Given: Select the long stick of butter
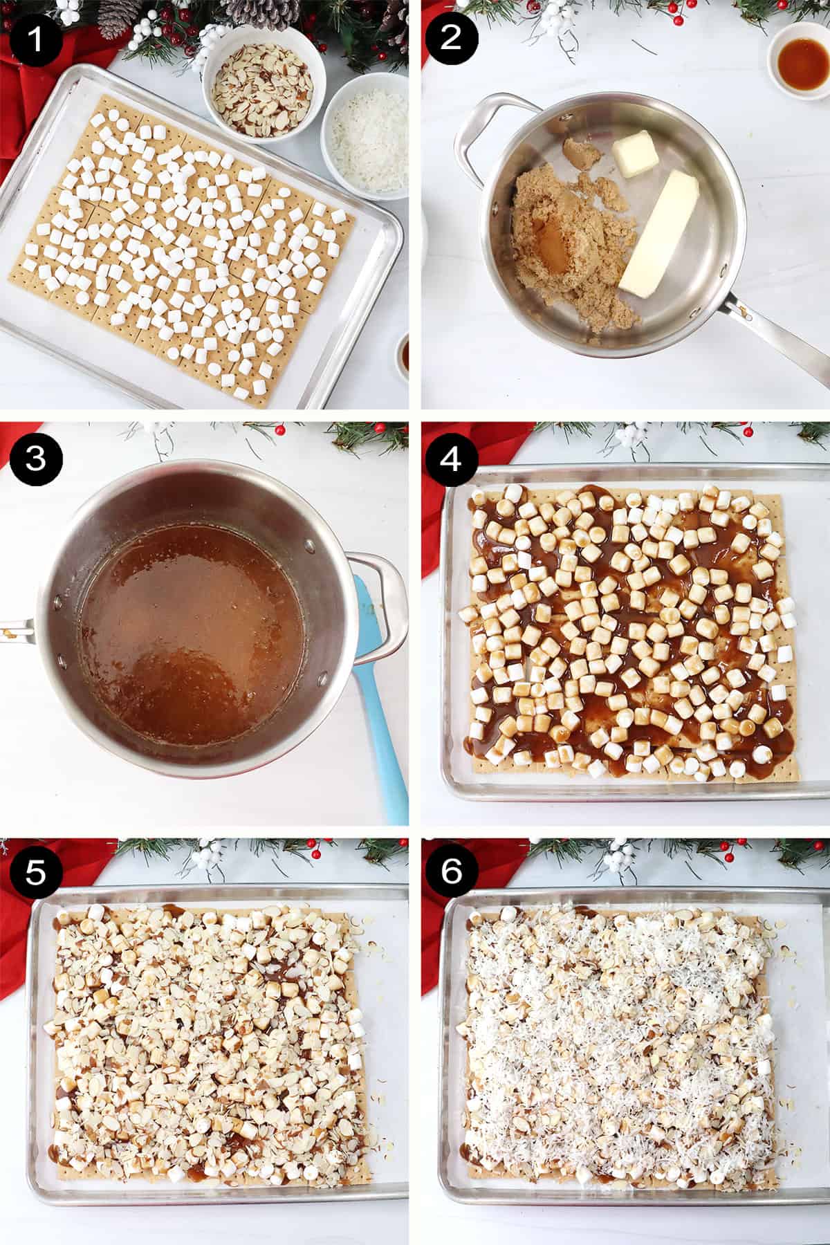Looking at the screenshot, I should click(659, 236).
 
